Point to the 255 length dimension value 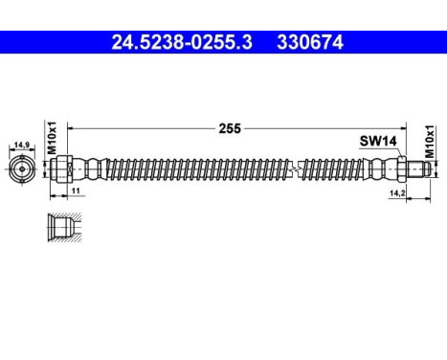coord(229,125)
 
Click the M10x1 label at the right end coord(430,139)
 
